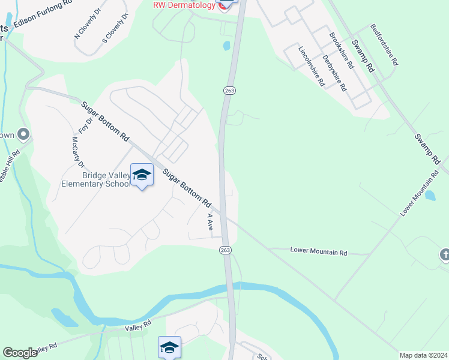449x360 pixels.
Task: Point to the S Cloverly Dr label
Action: (x=116, y=29)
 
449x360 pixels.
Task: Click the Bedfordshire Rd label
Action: (x=385, y=45)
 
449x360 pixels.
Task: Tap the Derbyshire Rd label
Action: (x=334, y=73)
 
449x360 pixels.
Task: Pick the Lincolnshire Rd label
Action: (x=312, y=66)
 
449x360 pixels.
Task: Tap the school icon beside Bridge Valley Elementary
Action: (x=142, y=175)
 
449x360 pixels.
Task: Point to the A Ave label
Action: (x=210, y=222)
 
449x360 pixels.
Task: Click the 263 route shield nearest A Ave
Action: (x=225, y=250)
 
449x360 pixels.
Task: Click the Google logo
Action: (x=20, y=353)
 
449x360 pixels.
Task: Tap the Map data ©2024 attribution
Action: (x=423, y=355)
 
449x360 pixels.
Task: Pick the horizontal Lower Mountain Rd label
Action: (x=319, y=252)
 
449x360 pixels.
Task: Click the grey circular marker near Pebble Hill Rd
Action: (x=23, y=134)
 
